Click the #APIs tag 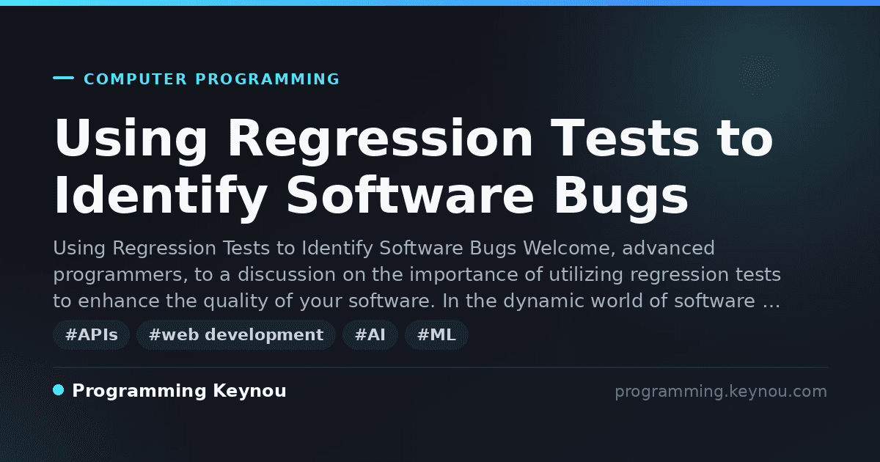click(x=92, y=334)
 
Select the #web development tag click(x=236, y=334)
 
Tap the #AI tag click(x=370, y=334)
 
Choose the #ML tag click(x=436, y=334)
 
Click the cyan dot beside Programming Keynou click(x=59, y=390)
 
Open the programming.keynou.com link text click(x=721, y=392)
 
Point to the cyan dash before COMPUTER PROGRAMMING click(x=63, y=78)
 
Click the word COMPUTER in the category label click(x=136, y=79)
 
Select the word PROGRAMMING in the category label click(x=267, y=79)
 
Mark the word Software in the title click(x=410, y=196)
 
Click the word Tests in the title click(x=625, y=139)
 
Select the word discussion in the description click(x=287, y=274)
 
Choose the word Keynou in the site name click(x=249, y=391)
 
